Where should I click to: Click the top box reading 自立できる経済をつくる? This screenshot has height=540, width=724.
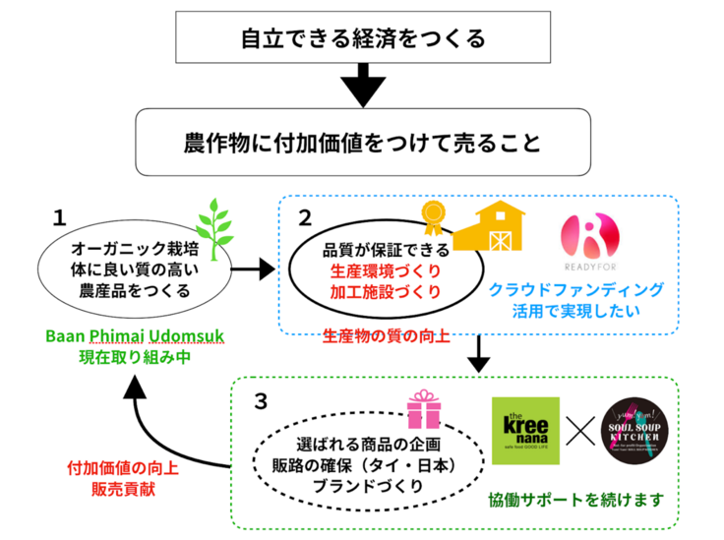[x=363, y=38]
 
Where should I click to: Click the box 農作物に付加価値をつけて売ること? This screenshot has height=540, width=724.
[x=363, y=142]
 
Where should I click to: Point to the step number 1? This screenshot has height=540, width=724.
[x=60, y=216]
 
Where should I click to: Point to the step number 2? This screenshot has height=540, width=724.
[x=305, y=216]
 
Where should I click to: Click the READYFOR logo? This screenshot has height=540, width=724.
[x=590, y=246]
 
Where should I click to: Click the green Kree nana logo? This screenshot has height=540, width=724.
[x=526, y=431]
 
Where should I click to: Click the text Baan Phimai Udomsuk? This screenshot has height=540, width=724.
[x=135, y=337]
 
